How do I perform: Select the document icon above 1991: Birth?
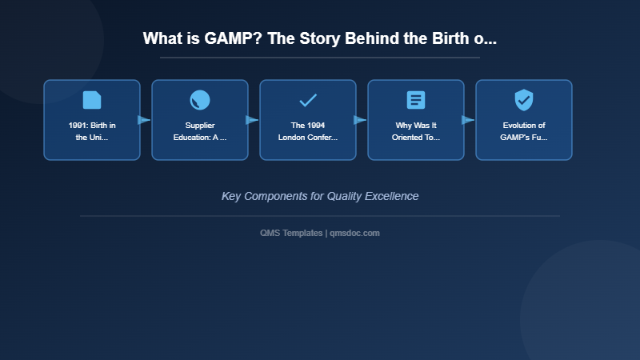[92, 100]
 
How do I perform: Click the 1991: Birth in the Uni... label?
[92, 131]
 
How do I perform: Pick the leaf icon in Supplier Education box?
[200, 100]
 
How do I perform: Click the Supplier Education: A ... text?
[200, 131]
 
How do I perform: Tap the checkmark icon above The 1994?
[308, 100]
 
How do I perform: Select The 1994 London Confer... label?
[308, 131]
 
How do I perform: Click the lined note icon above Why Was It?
[416, 100]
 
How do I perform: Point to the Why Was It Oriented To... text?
[416, 131]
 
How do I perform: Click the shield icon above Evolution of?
[524, 100]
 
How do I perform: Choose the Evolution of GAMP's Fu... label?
[524, 131]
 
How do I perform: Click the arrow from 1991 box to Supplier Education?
[144, 120]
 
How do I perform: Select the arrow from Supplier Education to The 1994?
[252, 120]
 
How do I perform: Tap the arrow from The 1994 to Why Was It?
[360, 120]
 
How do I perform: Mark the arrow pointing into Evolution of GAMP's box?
[468, 120]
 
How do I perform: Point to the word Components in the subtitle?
[277, 196]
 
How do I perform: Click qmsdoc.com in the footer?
[354, 233]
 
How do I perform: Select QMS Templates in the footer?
[291, 233]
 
